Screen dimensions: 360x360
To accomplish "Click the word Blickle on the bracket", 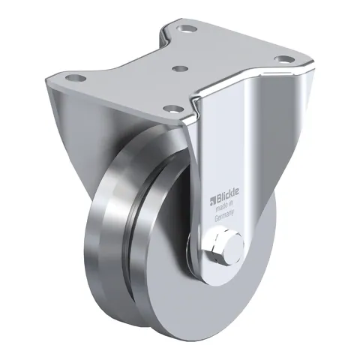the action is tap(226, 195).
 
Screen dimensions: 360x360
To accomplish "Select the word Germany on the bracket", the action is tap(224, 215).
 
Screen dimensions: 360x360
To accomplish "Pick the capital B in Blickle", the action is tap(217, 198).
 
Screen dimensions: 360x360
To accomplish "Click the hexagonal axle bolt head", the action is tap(217, 248).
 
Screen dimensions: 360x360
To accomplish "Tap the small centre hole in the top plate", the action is tap(181, 68).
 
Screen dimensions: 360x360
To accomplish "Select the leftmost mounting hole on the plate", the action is tap(76, 78).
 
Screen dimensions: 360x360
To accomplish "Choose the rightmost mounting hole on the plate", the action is tap(283, 59).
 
